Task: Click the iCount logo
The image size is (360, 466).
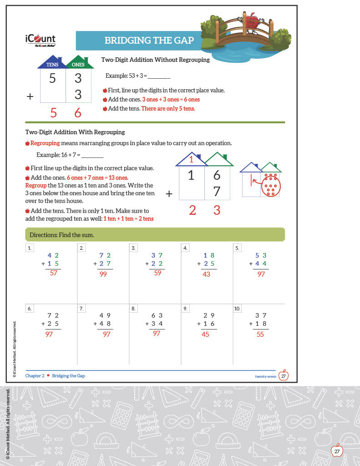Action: [40, 41]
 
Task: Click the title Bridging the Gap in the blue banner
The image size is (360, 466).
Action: [149, 41]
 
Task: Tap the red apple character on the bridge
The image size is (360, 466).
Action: [251, 21]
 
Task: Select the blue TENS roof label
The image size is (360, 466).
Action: [52, 65]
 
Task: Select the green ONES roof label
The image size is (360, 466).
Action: [78, 65]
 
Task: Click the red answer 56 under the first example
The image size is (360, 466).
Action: [66, 113]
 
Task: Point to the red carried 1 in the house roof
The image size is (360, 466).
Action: [192, 160]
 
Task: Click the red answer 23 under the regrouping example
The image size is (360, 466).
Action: [204, 210]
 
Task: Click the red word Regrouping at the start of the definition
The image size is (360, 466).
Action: [45, 143]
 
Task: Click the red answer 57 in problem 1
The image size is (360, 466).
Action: [54, 273]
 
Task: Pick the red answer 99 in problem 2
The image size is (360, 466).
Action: [103, 274]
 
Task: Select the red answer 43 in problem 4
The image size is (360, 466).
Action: [206, 274]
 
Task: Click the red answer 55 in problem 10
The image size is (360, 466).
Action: [260, 334]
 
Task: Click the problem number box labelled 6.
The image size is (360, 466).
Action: [30, 309]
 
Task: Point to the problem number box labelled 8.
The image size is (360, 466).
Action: [133, 309]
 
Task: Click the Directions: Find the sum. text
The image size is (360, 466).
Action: [62, 235]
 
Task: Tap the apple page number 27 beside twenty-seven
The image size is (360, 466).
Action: [284, 376]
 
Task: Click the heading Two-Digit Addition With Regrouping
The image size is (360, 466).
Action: [75, 132]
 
